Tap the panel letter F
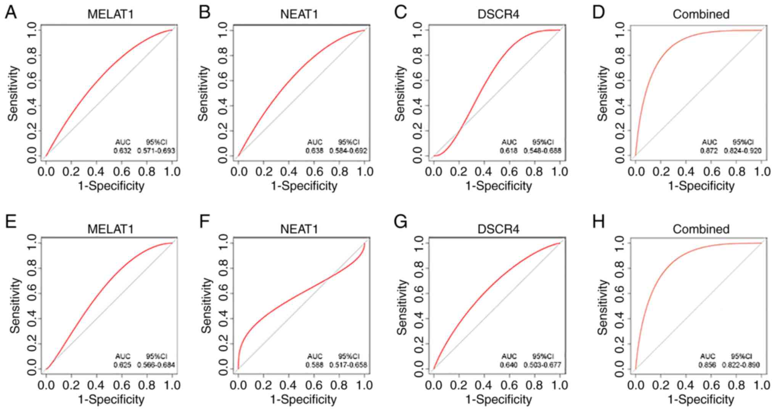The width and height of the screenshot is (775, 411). [205, 222]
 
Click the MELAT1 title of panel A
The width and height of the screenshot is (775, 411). [111, 14]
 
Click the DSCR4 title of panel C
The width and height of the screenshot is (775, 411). [498, 14]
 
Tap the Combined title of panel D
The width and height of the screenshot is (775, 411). [701, 14]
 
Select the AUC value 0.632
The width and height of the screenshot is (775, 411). [122, 151]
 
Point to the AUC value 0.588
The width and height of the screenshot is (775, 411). [315, 365]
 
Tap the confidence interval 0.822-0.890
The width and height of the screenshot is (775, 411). [741, 365]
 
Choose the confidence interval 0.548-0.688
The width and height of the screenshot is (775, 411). [542, 151]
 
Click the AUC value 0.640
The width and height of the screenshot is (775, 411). [509, 365]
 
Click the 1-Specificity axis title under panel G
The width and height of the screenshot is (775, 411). [498, 400]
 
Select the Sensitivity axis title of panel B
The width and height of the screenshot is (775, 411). [203, 93]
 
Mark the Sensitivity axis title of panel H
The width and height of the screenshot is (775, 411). [602, 307]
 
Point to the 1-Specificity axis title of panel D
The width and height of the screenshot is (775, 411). [701, 186]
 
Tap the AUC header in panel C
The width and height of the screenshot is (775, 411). [509, 142]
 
